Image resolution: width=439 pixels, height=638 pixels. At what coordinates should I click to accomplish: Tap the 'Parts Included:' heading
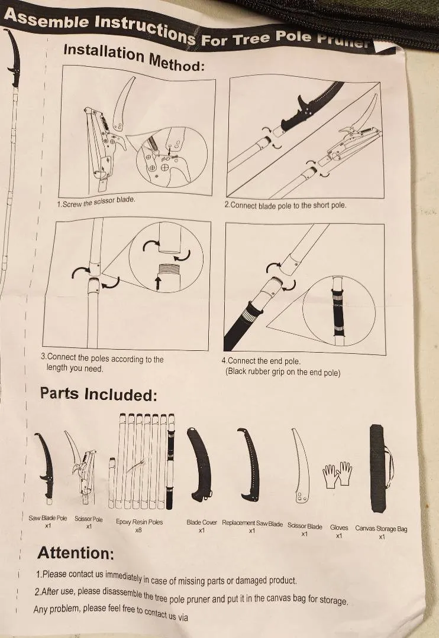point(98,394)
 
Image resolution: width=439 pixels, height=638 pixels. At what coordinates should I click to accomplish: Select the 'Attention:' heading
point(75,553)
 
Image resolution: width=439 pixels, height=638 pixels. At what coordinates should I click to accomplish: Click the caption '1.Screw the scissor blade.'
point(96,201)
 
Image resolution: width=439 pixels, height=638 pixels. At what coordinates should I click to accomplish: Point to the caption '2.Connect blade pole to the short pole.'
point(285,205)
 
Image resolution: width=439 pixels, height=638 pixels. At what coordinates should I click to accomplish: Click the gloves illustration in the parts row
point(337,474)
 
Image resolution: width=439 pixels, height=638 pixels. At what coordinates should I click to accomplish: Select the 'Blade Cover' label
point(202,522)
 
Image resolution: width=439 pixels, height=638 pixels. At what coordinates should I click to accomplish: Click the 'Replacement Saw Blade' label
point(252,523)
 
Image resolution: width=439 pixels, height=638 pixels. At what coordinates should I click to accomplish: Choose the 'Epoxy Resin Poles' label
point(139,522)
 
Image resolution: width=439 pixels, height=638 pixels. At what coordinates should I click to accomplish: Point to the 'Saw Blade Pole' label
point(48,518)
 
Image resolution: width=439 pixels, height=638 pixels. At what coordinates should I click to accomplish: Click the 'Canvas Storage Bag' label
point(381,529)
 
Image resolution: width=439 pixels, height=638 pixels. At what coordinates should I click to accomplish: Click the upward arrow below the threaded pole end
point(158,283)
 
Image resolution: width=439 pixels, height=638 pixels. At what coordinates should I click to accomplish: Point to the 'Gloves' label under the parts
point(339,528)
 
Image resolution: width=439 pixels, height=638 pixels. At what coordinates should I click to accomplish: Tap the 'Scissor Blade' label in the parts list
point(305,526)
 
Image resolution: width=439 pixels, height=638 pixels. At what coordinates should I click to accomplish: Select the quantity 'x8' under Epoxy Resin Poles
point(138,530)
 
